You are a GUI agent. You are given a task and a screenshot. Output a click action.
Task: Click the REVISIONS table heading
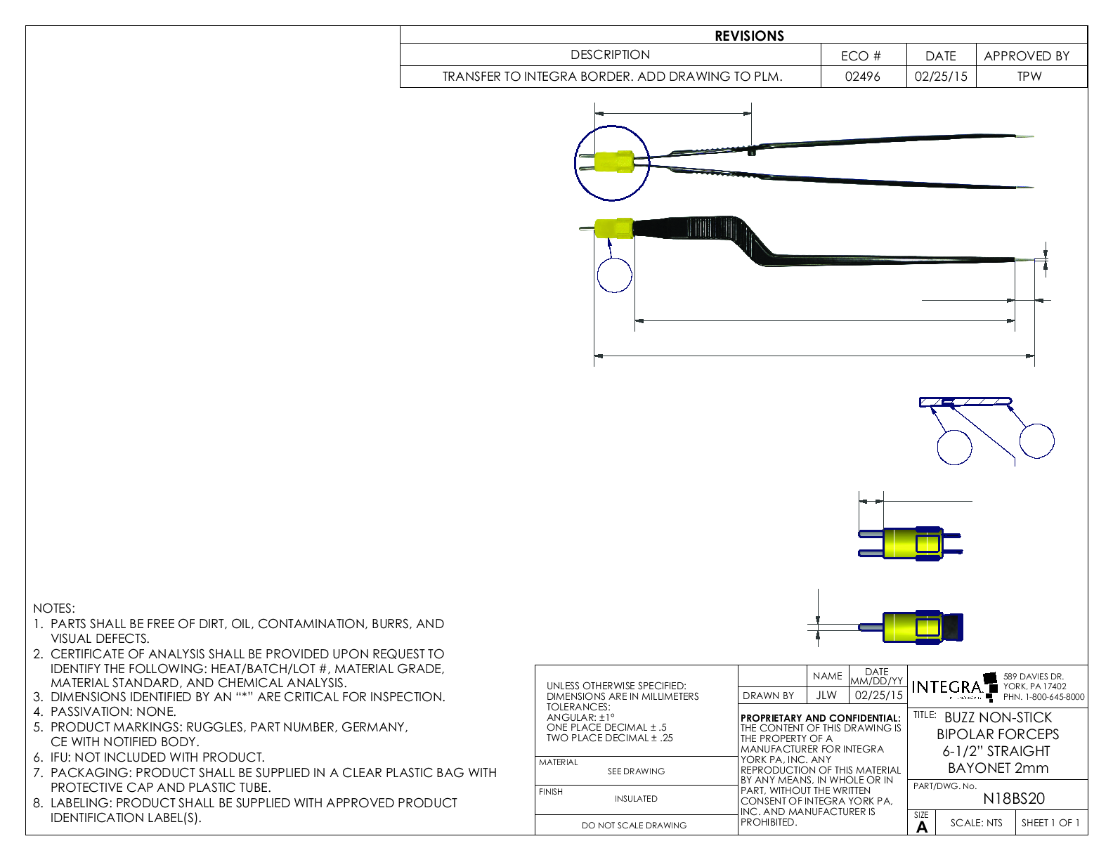click(x=749, y=36)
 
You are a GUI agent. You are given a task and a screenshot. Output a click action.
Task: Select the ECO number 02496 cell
click(x=862, y=77)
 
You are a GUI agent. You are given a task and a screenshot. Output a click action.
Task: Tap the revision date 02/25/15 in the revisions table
click(x=940, y=77)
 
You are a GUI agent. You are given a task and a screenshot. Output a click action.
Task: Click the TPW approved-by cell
click(x=1029, y=77)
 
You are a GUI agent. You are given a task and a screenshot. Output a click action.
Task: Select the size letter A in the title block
click(x=922, y=827)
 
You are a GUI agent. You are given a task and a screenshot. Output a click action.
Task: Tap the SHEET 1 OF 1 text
click(x=1050, y=823)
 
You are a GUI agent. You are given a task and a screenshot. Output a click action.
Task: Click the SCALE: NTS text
click(x=976, y=823)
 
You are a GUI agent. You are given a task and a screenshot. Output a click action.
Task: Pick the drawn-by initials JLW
click(x=826, y=695)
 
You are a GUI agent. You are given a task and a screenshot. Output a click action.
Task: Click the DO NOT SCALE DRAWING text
click(x=634, y=826)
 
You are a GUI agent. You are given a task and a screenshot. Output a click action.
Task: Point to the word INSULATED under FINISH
click(x=636, y=799)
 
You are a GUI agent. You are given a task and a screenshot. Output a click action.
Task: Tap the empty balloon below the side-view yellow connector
click(x=614, y=275)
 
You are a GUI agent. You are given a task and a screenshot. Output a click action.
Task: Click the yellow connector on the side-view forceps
click(x=613, y=228)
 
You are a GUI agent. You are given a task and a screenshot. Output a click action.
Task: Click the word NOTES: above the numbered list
click(x=54, y=608)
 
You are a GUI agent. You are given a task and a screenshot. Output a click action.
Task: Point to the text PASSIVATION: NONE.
click(x=112, y=712)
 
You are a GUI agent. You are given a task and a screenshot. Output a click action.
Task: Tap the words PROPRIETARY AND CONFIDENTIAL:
click(x=820, y=718)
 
